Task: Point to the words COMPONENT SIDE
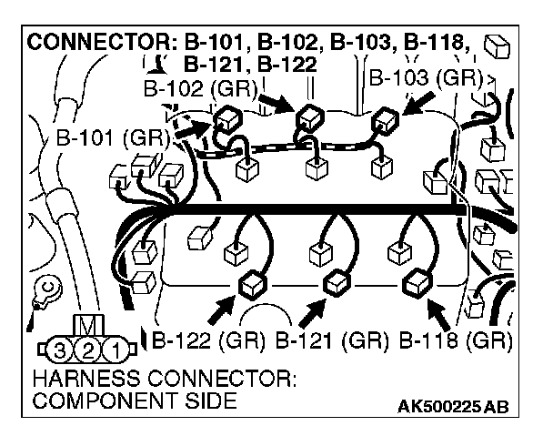(x=133, y=401)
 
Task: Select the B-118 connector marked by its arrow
(x=416, y=283)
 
